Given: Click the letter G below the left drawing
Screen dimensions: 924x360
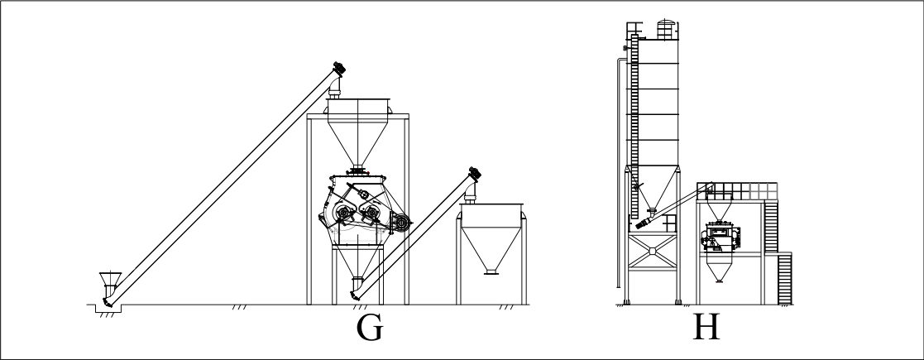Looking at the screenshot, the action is pyautogui.click(x=370, y=329).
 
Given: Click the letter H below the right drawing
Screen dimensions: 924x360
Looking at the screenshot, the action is pyautogui.click(x=706, y=327).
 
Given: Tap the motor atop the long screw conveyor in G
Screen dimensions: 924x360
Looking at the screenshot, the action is pyautogui.click(x=338, y=68).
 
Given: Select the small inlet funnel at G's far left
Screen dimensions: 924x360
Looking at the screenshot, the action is pyautogui.click(x=110, y=279).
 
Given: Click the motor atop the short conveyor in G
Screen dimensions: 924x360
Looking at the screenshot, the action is pyautogui.click(x=474, y=173).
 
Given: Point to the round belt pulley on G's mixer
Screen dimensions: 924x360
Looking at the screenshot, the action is pyautogui.click(x=401, y=222).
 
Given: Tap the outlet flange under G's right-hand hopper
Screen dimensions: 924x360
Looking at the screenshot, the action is pyautogui.click(x=491, y=272).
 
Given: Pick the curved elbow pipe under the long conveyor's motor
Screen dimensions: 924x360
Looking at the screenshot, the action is pyautogui.click(x=335, y=86).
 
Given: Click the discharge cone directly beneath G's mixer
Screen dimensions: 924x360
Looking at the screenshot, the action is pyautogui.click(x=357, y=262).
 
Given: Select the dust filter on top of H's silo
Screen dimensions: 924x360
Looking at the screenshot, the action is pyautogui.click(x=665, y=30).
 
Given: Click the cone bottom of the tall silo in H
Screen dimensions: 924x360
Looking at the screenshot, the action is pyautogui.click(x=652, y=187).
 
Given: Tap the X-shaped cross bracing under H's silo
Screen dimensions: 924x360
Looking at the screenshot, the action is pyautogui.click(x=653, y=251).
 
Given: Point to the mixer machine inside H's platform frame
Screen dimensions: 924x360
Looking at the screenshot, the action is pyautogui.click(x=721, y=236).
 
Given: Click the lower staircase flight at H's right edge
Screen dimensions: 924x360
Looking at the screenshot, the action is pyautogui.click(x=784, y=278).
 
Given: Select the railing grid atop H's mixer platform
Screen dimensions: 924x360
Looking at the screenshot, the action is pyautogui.click(x=736, y=191).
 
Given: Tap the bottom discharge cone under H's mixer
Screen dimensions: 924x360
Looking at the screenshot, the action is pyautogui.click(x=719, y=271).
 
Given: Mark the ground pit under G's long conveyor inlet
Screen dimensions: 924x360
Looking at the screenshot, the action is pyautogui.click(x=108, y=308).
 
